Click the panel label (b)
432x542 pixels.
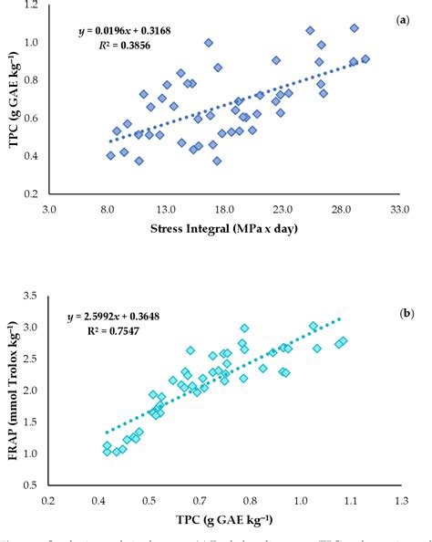point(407,313)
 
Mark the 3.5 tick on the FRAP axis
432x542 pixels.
point(35,295)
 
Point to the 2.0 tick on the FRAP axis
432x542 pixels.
point(35,390)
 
